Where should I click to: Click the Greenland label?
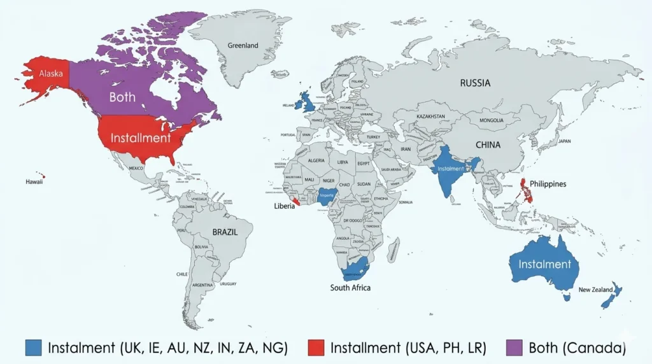pyautogui.click(x=243, y=45)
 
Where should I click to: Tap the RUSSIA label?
pyautogui.click(x=476, y=83)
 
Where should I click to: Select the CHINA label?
pyautogui.click(x=488, y=144)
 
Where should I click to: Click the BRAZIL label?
pyautogui.click(x=225, y=232)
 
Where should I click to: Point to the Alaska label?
pyautogui.click(x=51, y=74)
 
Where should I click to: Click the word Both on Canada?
pyautogui.click(x=122, y=97)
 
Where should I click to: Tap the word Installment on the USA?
pyautogui.click(x=141, y=137)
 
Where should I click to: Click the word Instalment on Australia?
pyautogui.click(x=544, y=264)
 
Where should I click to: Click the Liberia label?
pyautogui.click(x=284, y=206)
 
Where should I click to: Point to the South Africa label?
pyautogui.click(x=350, y=288)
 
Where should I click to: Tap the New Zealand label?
pyautogui.click(x=595, y=290)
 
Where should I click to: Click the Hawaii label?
pyautogui.click(x=34, y=181)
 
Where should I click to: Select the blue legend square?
pyautogui.click(x=34, y=347)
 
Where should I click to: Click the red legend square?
pyautogui.click(x=316, y=347)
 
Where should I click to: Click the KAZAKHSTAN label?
pyautogui.click(x=430, y=118)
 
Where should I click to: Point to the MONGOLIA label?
pyautogui.click(x=491, y=120)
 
